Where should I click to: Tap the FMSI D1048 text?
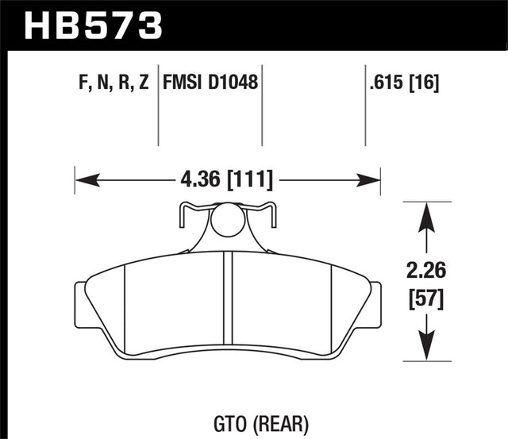point(211,82)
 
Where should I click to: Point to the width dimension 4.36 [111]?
point(227,180)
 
